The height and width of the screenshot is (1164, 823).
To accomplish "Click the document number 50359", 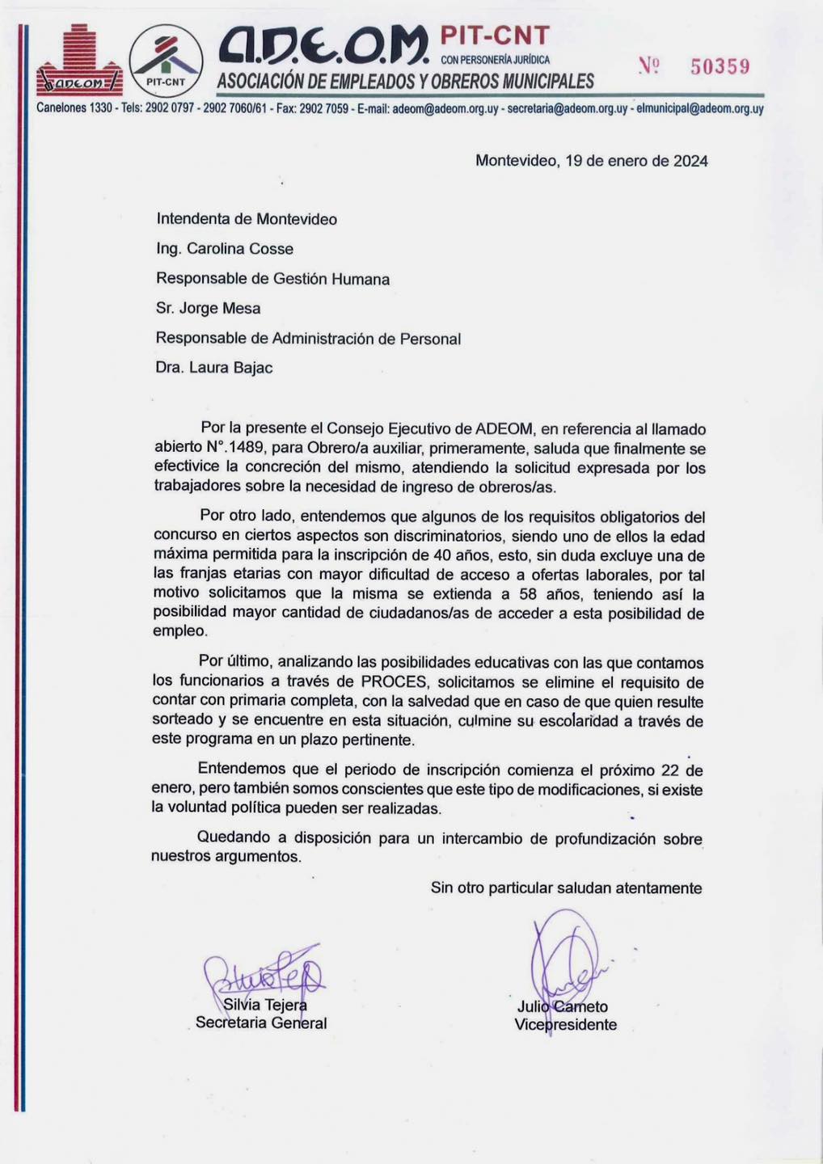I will [720, 67].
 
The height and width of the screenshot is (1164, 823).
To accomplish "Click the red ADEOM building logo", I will [79, 61].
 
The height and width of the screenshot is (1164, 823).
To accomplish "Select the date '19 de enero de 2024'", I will [636, 161].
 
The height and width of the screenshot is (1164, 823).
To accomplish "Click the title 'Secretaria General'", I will [261, 1023].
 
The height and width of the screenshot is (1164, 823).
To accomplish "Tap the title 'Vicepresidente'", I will [565, 1025].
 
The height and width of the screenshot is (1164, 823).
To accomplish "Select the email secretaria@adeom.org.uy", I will [567, 108].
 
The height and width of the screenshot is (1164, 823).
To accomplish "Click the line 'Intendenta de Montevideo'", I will [247, 219].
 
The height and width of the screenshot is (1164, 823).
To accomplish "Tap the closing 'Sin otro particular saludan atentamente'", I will [566, 888].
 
